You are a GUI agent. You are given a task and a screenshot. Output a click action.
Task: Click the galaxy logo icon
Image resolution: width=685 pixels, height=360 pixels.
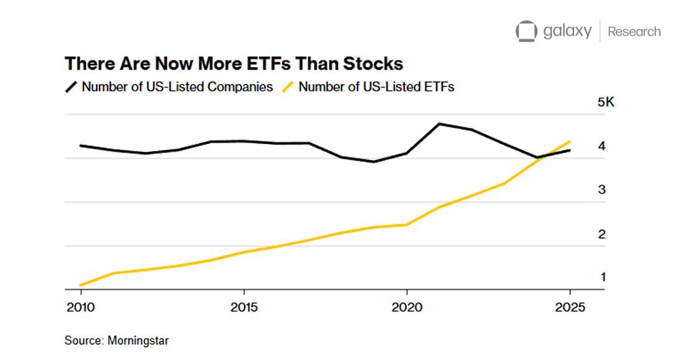point(526,31)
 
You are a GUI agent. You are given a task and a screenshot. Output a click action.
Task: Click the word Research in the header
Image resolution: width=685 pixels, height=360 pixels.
point(634,31)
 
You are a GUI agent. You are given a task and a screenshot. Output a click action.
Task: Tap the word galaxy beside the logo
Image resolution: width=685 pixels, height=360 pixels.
point(567,31)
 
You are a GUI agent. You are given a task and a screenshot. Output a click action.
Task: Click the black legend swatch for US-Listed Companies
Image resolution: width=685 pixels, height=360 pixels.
point(71,87)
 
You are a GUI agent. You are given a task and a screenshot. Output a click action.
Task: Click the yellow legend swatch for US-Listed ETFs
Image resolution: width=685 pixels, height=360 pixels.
point(288,87)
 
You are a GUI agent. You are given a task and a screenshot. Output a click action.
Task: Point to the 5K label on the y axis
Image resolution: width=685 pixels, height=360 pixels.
point(606,102)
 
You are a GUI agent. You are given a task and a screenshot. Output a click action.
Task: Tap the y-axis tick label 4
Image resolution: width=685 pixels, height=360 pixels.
point(602,146)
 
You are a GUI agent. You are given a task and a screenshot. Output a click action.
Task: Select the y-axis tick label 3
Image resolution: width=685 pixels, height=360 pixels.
point(602,190)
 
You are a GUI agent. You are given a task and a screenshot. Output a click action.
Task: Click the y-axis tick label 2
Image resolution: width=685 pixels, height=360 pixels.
point(602,234)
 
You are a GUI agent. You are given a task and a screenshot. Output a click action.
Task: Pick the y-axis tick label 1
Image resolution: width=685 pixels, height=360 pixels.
point(603,277)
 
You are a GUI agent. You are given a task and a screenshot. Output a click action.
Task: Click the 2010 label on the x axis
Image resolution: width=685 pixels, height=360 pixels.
point(80,308)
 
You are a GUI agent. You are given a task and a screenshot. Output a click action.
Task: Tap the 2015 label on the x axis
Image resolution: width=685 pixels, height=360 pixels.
point(243,308)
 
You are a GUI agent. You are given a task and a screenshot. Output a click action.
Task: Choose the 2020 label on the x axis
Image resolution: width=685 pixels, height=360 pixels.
point(407,308)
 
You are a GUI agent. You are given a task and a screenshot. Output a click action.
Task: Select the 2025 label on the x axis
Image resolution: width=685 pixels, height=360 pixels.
point(570,308)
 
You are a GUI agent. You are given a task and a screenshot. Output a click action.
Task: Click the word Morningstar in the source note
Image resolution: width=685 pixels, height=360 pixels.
point(138,341)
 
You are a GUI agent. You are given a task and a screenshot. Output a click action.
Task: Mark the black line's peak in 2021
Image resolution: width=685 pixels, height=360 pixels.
point(440,123)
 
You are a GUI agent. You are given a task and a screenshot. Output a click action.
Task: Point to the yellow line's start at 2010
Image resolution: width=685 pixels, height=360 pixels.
point(81,285)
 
